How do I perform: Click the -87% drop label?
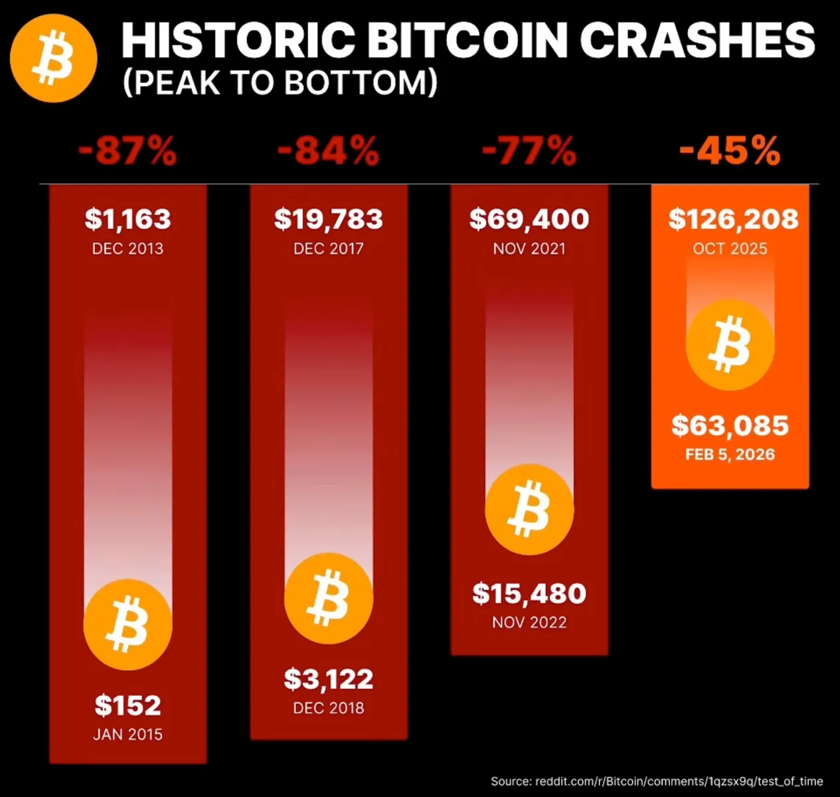click(127, 151)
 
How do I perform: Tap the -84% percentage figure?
click(328, 151)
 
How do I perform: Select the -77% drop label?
click(529, 151)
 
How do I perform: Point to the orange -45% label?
click(729, 151)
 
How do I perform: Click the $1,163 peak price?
click(127, 219)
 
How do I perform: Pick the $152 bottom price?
click(127, 705)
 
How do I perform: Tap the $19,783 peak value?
click(328, 219)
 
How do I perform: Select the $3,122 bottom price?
click(328, 679)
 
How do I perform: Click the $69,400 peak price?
click(529, 219)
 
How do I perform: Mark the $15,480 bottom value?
click(529, 594)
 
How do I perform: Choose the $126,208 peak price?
click(733, 219)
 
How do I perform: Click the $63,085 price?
click(730, 426)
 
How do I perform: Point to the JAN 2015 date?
click(127, 735)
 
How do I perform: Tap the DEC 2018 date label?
click(328, 708)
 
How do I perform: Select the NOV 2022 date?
click(529, 622)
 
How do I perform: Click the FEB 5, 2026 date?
click(730, 455)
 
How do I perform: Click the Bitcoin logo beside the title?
click(54, 58)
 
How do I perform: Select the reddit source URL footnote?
click(656, 781)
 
